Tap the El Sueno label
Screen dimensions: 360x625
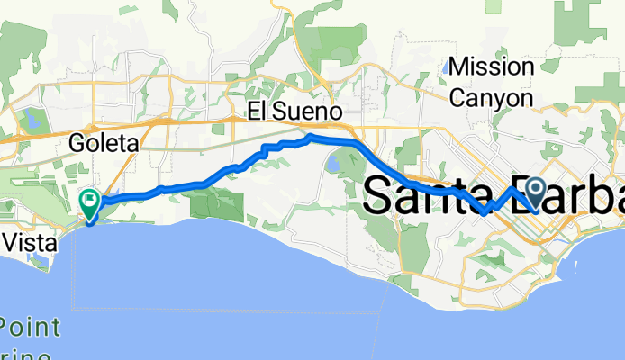296,113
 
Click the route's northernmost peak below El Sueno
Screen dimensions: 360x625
310,137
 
